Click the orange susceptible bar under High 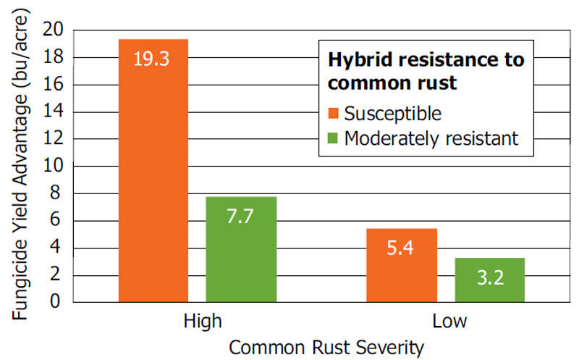[x=153, y=174]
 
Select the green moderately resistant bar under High [x=241, y=250]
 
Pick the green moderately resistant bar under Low [x=489, y=280]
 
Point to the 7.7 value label [x=241, y=217]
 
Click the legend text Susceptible [x=393, y=114]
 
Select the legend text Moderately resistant [x=431, y=138]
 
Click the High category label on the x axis [x=197, y=321]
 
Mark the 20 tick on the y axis [x=54, y=30]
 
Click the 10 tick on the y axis [x=54, y=167]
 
